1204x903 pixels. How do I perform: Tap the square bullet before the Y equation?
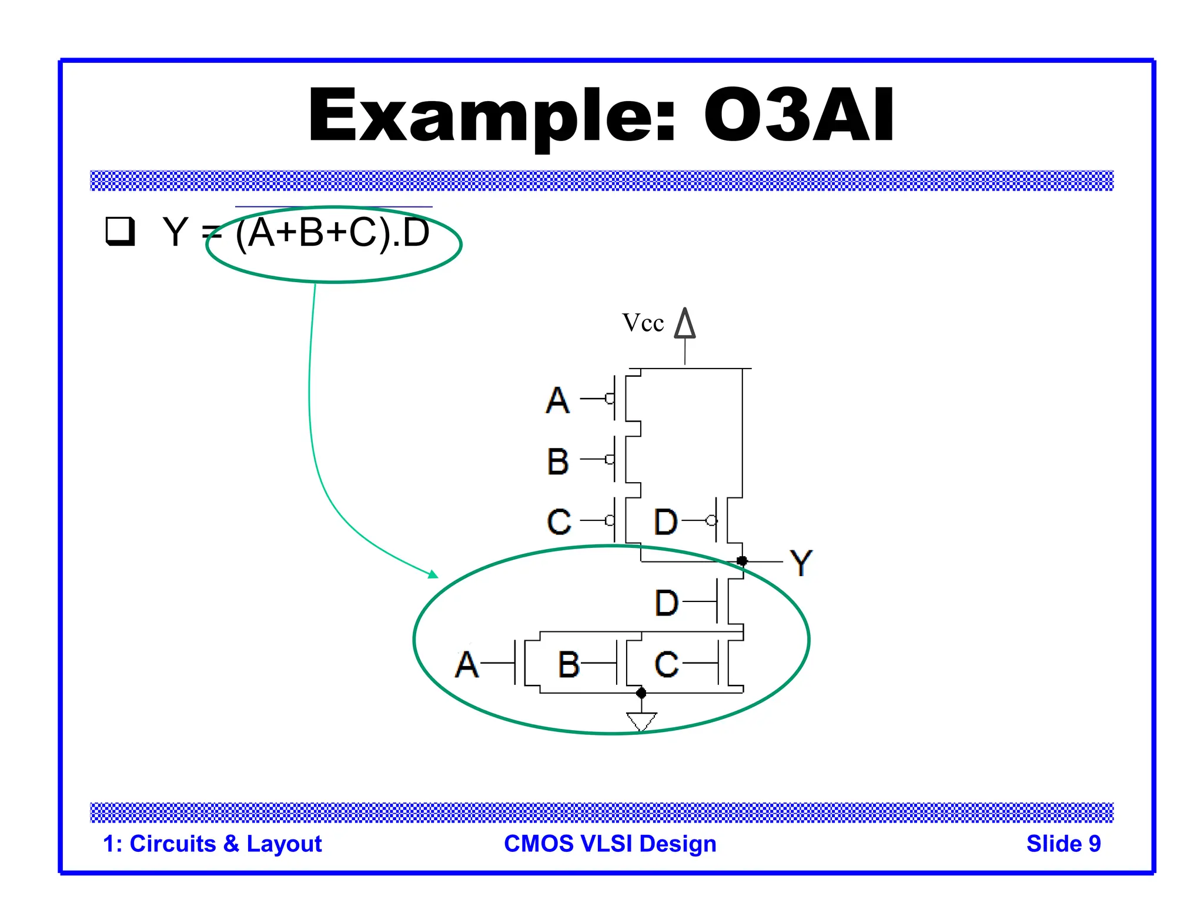pyautogui.click(x=120, y=231)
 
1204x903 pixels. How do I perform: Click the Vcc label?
pyautogui.click(x=643, y=323)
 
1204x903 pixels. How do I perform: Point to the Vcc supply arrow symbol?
pyautogui.click(x=685, y=324)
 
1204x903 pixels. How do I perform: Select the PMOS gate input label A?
pyautogui.click(x=557, y=400)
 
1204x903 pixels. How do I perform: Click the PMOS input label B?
pyautogui.click(x=557, y=461)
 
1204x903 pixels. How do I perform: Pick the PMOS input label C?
pyautogui.click(x=558, y=521)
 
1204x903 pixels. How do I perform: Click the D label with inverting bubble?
pyautogui.click(x=666, y=521)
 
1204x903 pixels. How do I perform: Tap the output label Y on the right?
pyautogui.click(x=801, y=563)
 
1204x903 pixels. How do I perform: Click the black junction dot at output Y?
pyautogui.click(x=742, y=561)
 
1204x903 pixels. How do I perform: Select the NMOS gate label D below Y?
pyautogui.click(x=667, y=603)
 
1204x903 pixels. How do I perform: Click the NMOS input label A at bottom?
pyautogui.click(x=467, y=665)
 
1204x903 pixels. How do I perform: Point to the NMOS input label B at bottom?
pyautogui.click(x=568, y=665)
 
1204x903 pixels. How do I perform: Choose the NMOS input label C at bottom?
pyautogui.click(x=667, y=665)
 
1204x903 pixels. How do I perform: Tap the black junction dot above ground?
pyautogui.click(x=641, y=693)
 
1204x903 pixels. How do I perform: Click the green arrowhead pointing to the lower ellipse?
pyautogui.click(x=434, y=574)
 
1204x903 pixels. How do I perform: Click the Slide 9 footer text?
pyautogui.click(x=1063, y=844)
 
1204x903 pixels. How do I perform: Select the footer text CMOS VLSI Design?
pyautogui.click(x=610, y=844)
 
